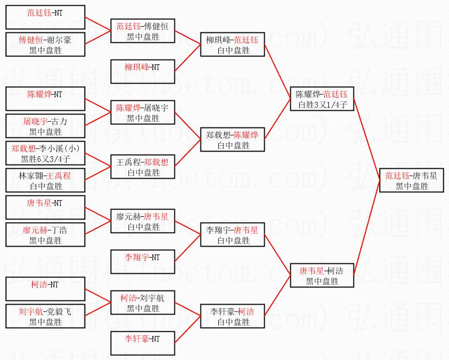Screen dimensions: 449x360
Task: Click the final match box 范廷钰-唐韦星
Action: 411,180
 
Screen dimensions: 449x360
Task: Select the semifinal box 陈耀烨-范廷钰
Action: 322,99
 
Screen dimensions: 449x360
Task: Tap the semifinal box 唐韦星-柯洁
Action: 322,275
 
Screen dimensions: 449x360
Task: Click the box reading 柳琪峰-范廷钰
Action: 233,45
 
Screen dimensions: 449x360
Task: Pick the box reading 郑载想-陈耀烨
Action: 233,140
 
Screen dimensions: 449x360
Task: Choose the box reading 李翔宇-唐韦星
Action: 233,235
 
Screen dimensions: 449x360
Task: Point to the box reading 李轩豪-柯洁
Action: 233,317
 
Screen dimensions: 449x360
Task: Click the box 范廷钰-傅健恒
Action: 143,31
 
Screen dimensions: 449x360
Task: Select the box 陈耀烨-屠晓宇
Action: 143,113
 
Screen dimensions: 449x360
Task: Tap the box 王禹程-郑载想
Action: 143,167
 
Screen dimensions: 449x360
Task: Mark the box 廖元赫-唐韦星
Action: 143,221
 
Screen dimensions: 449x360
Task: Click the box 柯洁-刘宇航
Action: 143,303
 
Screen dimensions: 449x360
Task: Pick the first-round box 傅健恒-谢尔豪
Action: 45,44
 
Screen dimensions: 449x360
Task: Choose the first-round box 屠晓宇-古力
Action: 45,126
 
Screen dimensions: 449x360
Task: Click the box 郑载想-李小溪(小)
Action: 45,154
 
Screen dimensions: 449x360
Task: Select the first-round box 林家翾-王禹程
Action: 45,181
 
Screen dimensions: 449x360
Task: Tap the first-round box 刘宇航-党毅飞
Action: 45,317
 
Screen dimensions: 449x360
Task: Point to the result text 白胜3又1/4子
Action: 322,105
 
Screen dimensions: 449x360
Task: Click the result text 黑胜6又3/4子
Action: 45,159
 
